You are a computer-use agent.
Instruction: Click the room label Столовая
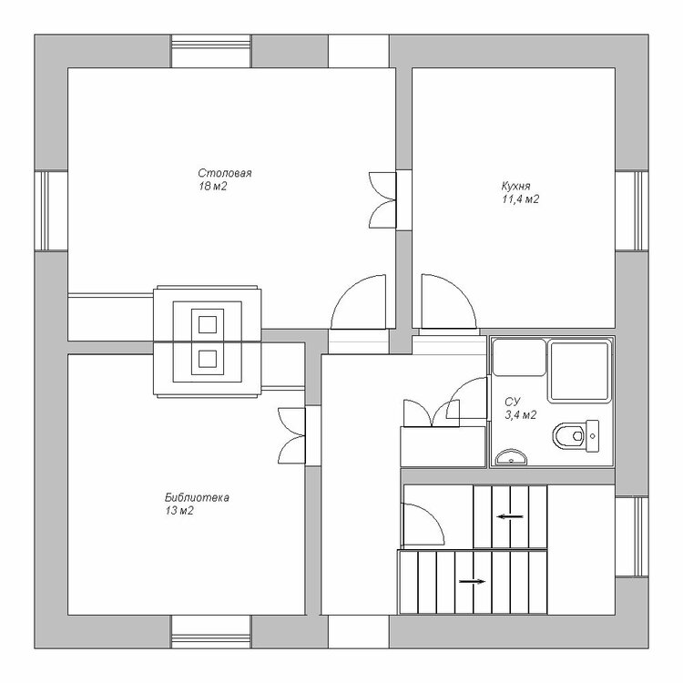pyautogui.click(x=225, y=173)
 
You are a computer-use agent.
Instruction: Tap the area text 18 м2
pyautogui.click(x=213, y=187)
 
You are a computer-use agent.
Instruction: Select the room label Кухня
pyautogui.click(x=516, y=186)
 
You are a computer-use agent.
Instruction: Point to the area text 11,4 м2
pyautogui.click(x=521, y=199)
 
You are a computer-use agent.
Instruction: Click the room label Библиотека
pyautogui.click(x=197, y=497)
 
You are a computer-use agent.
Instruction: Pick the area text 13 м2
pyautogui.click(x=179, y=511)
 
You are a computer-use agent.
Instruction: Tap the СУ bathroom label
pyautogui.click(x=512, y=402)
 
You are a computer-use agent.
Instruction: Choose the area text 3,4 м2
pyautogui.click(x=521, y=414)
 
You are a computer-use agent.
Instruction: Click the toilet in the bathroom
pyautogui.click(x=576, y=435)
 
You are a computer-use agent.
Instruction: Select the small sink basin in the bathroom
pyautogui.click(x=511, y=457)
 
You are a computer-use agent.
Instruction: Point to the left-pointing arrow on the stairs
pyautogui.click(x=510, y=516)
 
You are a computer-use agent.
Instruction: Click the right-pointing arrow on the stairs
pyautogui.click(x=472, y=581)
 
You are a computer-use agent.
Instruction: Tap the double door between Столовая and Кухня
pyautogui.click(x=382, y=200)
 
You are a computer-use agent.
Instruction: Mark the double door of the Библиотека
pyautogui.click(x=291, y=435)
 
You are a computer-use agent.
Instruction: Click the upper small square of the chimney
pyautogui.click(x=208, y=324)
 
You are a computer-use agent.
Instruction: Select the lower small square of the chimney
pyautogui.click(x=208, y=359)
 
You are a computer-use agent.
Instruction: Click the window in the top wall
pyautogui.click(x=211, y=51)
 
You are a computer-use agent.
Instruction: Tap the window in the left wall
pyautogui.click(x=51, y=211)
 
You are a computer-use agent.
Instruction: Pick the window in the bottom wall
pyautogui.click(x=211, y=632)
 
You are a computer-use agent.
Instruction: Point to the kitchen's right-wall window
pyautogui.click(x=632, y=211)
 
